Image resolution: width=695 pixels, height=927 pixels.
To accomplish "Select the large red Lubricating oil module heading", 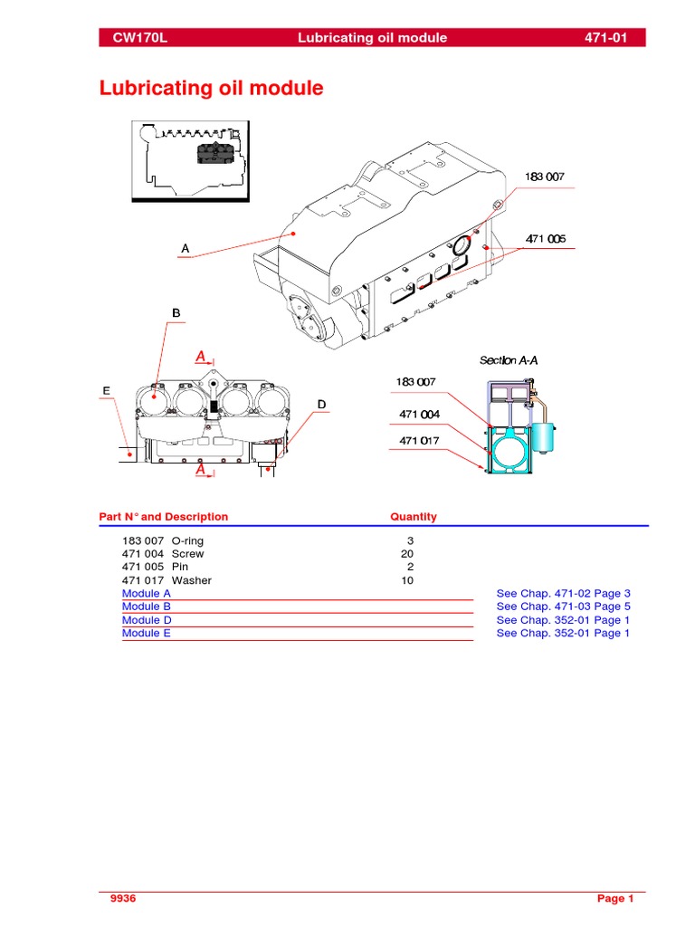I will click(210, 89).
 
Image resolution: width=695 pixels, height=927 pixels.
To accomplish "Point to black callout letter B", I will click(176, 313).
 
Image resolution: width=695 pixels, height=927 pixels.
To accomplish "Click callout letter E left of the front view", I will click(106, 391).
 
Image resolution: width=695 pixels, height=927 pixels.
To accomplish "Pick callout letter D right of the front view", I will click(320, 403).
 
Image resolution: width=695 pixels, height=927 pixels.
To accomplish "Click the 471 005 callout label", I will click(546, 239).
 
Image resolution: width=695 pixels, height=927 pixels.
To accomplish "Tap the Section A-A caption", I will click(509, 360).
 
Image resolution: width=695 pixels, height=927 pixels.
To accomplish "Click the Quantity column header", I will click(413, 517).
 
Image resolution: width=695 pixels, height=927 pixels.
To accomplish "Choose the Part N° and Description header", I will click(164, 517).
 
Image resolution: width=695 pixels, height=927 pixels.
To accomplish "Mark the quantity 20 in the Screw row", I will click(407, 553).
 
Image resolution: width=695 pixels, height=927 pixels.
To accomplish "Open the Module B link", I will click(147, 607).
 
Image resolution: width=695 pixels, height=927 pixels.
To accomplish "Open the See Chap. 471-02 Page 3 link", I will click(563, 594).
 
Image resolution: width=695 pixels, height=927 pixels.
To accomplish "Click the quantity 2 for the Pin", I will click(410, 567).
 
